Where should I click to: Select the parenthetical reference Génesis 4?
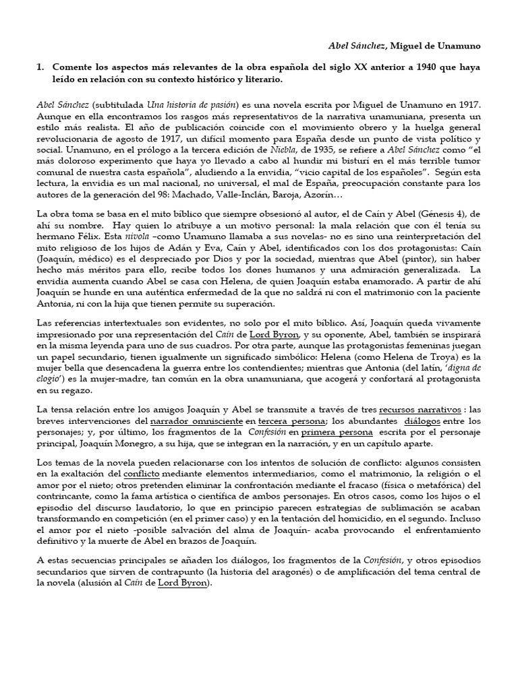coord(434,214)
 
